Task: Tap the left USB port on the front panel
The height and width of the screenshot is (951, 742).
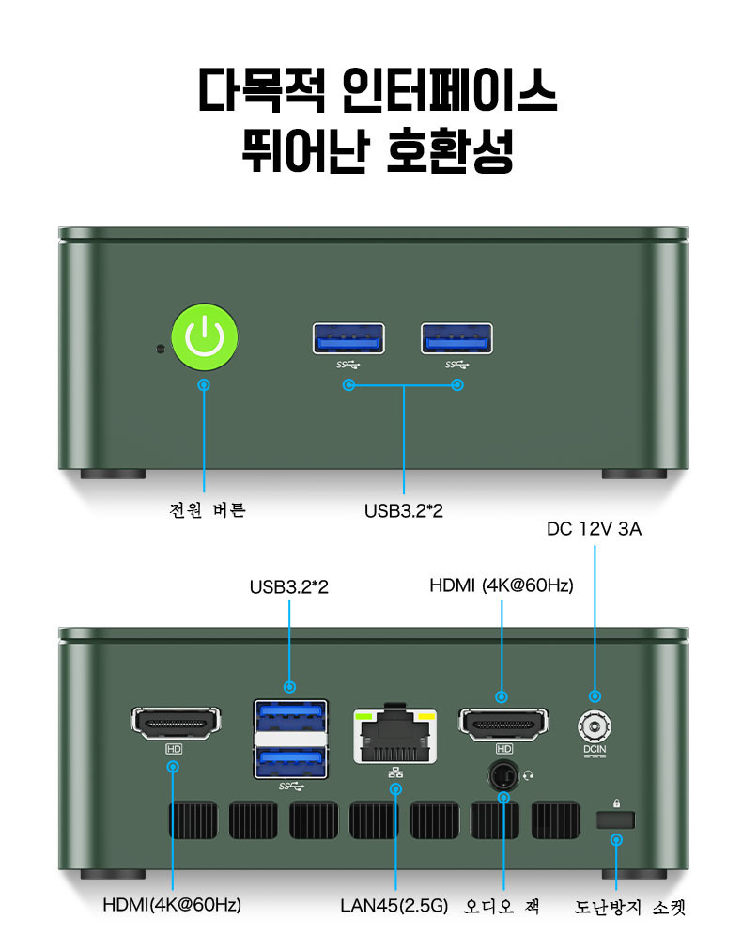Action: pyautogui.click(x=348, y=338)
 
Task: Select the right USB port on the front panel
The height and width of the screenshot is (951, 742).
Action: pyautogui.click(x=456, y=338)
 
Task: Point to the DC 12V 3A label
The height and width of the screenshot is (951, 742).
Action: pyautogui.click(x=594, y=529)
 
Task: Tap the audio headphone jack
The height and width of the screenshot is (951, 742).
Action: pyautogui.click(x=502, y=776)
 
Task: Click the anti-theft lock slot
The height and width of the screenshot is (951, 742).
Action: pyautogui.click(x=616, y=819)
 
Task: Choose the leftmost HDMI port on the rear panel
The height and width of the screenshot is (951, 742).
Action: pyautogui.click(x=174, y=722)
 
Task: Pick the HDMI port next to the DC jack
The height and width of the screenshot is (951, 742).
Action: pyautogui.click(x=502, y=722)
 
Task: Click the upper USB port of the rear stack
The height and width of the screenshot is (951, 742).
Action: pyautogui.click(x=290, y=717)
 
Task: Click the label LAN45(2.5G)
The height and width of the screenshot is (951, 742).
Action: pyautogui.click(x=394, y=907)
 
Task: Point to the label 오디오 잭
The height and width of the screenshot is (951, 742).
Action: pyautogui.click(x=502, y=907)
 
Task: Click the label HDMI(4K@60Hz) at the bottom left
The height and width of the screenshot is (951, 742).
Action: pyautogui.click(x=172, y=906)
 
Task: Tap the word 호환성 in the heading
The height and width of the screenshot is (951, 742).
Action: pyautogui.click(x=451, y=150)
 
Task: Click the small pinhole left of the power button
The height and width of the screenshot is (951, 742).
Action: pyautogui.click(x=159, y=349)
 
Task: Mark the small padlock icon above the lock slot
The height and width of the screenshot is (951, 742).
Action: pyautogui.click(x=616, y=802)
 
